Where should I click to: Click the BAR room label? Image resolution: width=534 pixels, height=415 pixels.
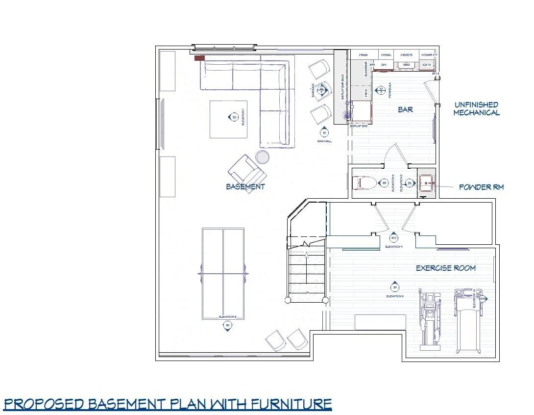[x=406, y=109]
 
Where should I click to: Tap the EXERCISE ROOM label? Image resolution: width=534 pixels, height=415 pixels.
[x=445, y=268]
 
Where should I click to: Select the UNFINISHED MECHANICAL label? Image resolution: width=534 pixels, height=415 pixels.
[x=476, y=108]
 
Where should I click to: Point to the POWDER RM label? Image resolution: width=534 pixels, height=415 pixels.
[x=481, y=187]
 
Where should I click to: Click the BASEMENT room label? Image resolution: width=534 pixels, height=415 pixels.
[x=245, y=186]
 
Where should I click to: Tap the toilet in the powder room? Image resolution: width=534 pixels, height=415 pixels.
[x=367, y=183]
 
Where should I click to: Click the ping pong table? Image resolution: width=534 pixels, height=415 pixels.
[x=223, y=274]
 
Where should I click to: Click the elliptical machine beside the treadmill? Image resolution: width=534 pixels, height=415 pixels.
[x=430, y=319]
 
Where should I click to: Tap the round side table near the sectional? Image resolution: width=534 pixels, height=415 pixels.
[x=263, y=157]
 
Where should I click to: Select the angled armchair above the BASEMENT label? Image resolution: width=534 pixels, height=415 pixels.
[x=247, y=173]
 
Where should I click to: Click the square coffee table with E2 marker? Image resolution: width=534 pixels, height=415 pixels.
[x=229, y=119]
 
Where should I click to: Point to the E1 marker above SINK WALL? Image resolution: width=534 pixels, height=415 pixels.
[x=324, y=133]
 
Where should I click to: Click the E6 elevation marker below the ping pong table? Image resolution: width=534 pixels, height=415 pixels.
[x=227, y=326]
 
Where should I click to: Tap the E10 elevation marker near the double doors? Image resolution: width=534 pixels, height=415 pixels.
[x=393, y=238]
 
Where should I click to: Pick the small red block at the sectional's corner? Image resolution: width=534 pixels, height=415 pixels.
[x=199, y=58]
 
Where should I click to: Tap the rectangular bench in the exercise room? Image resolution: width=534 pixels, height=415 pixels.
[x=381, y=322]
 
